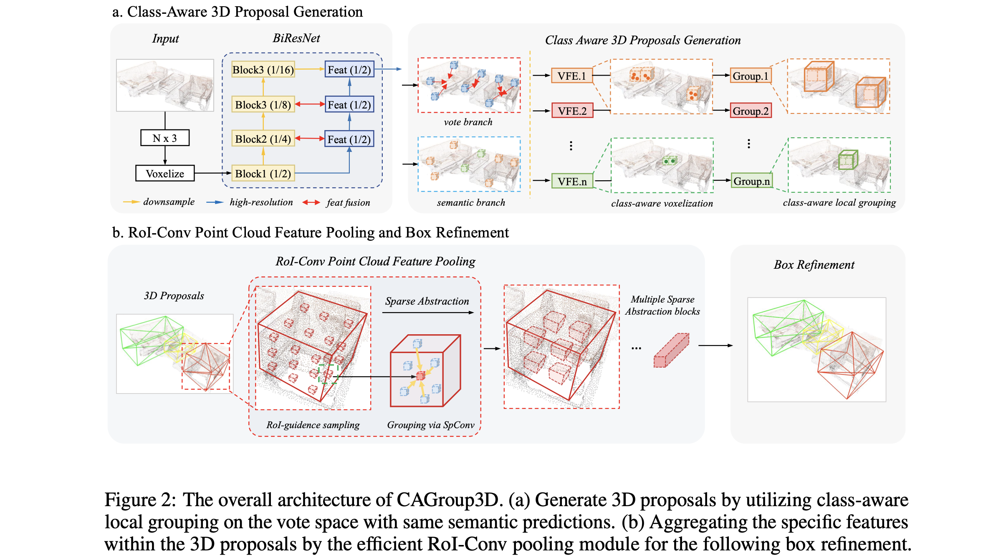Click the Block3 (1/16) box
tap(263, 70)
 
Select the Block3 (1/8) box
tap(263, 104)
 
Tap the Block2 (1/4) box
tap(263, 139)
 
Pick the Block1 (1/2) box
tap(263, 174)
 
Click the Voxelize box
tap(165, 174)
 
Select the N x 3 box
tap(165, 138)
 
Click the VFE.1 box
tap(572, 76)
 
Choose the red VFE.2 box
tap(572, 111)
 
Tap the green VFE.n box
tap(572, 182)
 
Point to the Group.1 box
tap(751, 76)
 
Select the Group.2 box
tap(751, 111)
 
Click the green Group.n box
tap(752, 181)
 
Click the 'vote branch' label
tap(468, 122)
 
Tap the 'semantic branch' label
tap(471, 202)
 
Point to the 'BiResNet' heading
tap(296, 38)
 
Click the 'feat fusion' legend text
tap(348, 202)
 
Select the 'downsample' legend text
tap(169, 202)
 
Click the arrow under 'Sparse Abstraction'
tap(428, 313)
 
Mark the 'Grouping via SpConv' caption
tap(431, 425)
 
